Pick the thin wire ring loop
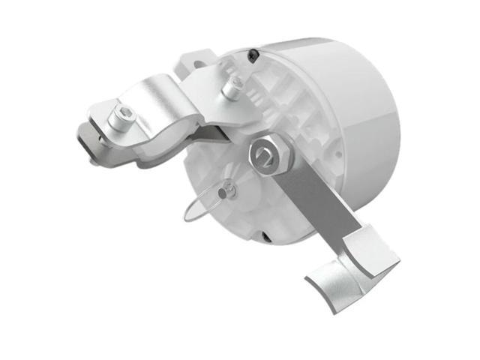(x=201, y=203)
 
